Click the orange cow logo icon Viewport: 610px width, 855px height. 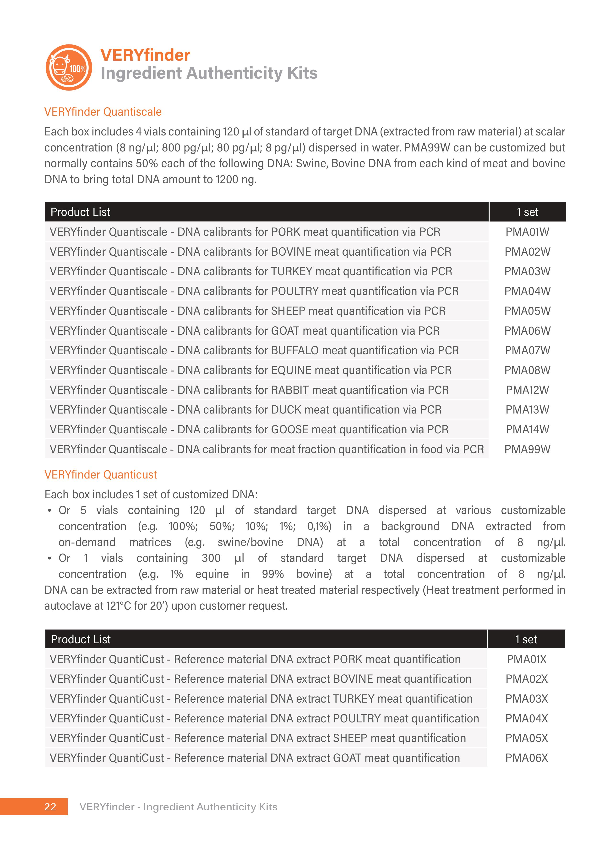point(69,68)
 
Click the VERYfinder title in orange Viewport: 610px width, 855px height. point(145,55)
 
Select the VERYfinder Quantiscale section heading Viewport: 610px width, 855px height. point(103,112)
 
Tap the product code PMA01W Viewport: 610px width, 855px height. point(527,232)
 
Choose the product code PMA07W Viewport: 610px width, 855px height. point(527,350)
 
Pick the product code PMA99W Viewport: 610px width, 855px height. point(527,449)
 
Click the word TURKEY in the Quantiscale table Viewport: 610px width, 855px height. point(291,271)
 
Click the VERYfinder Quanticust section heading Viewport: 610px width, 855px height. point(101,475)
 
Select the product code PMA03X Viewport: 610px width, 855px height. point(526,699)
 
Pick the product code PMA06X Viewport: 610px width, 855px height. point(526,758)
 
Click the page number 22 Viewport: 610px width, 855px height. point(50,807)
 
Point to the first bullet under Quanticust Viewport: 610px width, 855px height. point(49,511)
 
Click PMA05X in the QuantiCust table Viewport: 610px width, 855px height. point(526,738)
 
